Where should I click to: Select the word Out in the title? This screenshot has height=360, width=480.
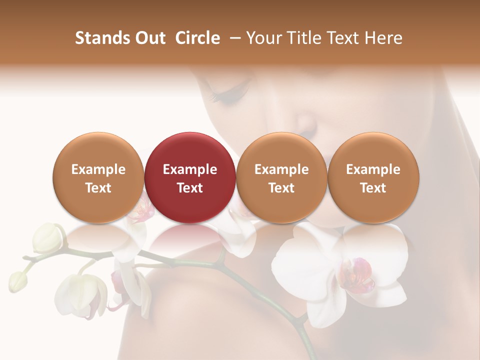click(148, 38)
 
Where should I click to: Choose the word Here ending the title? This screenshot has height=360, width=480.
click(383, 38)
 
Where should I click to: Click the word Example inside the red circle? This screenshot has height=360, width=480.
click(190, 169)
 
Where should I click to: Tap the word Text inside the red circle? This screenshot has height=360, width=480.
click(190, 188)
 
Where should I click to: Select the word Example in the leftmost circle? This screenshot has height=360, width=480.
click(98, 169)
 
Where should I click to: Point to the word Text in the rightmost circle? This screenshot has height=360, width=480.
click(373, 188)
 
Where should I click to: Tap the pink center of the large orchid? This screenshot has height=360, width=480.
click(356, 275)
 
